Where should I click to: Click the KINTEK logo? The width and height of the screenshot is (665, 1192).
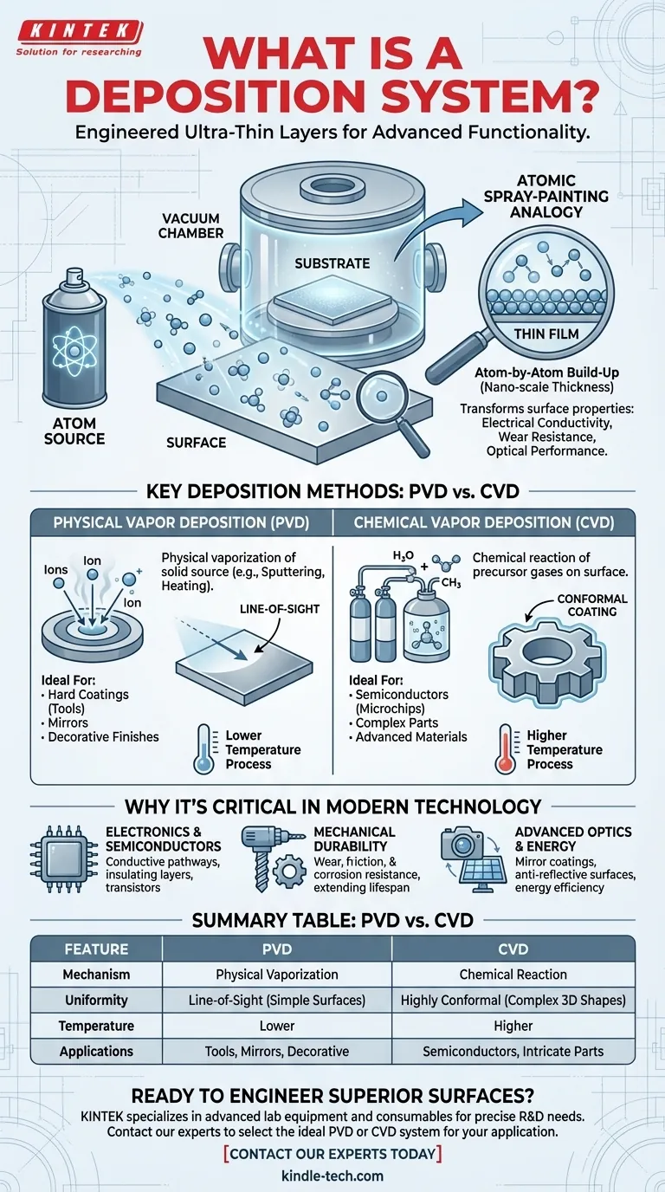pos(80,38)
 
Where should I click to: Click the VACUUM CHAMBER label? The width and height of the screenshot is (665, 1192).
pos(191,225)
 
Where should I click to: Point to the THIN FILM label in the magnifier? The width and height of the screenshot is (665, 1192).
pos(546,334)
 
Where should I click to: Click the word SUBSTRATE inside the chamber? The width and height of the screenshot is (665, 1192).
pos(332,263)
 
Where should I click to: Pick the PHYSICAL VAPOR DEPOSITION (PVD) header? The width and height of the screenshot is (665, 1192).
pos(182,522)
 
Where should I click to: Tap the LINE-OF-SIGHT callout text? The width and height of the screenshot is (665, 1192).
pos(280,609)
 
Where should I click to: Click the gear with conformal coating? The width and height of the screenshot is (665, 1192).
pos(547,660)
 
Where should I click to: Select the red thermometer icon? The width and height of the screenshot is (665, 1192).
pos(506,748)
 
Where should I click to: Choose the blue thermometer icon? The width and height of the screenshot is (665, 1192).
pos(204,748)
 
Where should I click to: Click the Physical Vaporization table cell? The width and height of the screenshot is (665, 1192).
pos(276,975)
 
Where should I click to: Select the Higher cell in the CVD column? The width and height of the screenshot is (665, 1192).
pos(513,1026)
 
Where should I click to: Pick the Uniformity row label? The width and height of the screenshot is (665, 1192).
pos(96,1001)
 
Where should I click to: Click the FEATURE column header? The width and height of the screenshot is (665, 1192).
pos(96,949)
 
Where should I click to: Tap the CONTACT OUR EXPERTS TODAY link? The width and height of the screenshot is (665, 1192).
pos(332,1154)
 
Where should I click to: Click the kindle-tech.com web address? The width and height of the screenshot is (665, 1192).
pos(332,1176)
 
